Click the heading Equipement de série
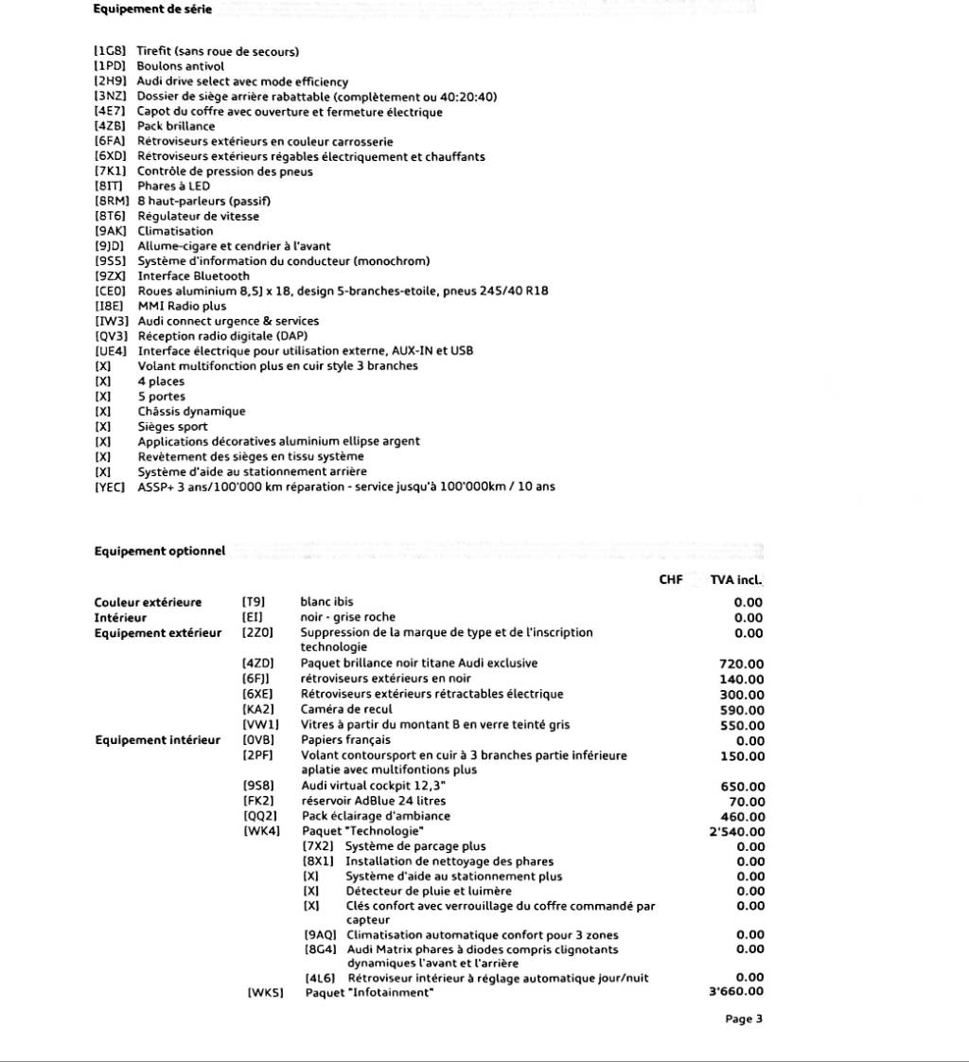152,9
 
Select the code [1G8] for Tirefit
110,51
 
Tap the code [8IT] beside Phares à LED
110,186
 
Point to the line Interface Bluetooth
194,276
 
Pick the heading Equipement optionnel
160,551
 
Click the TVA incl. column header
736,579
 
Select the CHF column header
671,579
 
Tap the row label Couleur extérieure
148,603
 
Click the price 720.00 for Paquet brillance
741,664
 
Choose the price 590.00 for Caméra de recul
741,710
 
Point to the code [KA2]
258,709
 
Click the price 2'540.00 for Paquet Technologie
736,832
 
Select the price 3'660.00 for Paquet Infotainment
736,993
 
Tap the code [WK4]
261,832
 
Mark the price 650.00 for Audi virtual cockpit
742,787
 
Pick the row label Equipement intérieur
157,740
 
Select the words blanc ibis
327,602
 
